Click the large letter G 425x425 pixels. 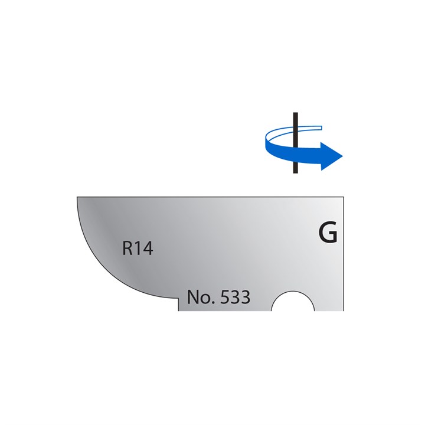tap(328, 234)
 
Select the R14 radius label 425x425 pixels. tap(138, 249)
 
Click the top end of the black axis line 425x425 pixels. tap(295, 112)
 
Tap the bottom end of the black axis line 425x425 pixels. tap(295, 172)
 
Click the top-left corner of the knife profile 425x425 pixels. tap(77, 197)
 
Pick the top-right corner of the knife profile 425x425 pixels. tap(344, 197)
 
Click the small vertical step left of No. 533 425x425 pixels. tap(179, 303)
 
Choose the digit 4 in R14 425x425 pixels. tap(148, 249)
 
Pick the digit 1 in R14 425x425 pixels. tap(139, 249)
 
